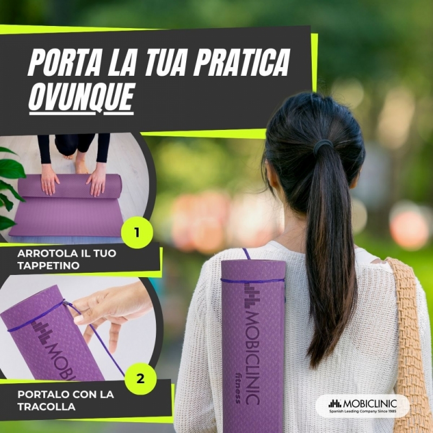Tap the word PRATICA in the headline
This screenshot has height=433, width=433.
tap(241, 62)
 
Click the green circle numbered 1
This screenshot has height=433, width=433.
tap(137, 233)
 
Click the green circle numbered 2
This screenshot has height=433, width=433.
tap(140, 378)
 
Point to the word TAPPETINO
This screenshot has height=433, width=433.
tap(48, 265)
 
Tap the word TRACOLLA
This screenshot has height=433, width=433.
tap(46, 406)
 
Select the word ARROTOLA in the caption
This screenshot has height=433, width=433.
tap(44, 253)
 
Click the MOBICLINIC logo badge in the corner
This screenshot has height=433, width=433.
tap(362, 405)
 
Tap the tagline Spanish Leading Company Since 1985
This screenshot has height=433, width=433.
tap(363, 411)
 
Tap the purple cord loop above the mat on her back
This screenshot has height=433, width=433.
tap(246, 254)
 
